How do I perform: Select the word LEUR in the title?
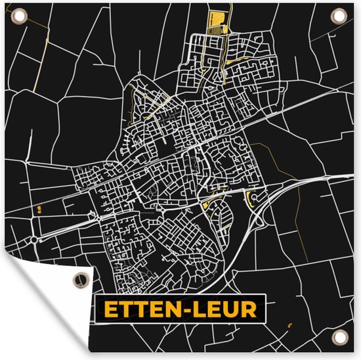tap(227, 310)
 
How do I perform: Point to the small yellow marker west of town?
tap(39, 209)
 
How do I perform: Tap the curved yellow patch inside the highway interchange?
tap(251, 199)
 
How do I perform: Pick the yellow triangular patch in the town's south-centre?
tap(209, 202)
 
